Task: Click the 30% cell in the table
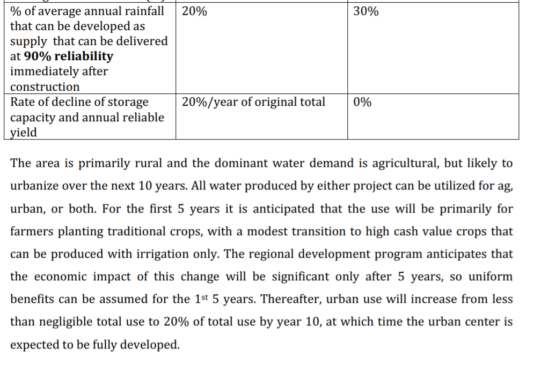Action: (x=366, y=11)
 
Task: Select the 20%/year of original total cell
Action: (x=253, y=102)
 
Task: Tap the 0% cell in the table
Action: (x=362, y=102)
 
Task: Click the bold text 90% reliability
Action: (x=69, y=56)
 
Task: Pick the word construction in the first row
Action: (x=45, y=86)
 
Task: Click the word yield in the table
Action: (x=23, y=133)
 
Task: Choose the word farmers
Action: (x=32, y=231)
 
